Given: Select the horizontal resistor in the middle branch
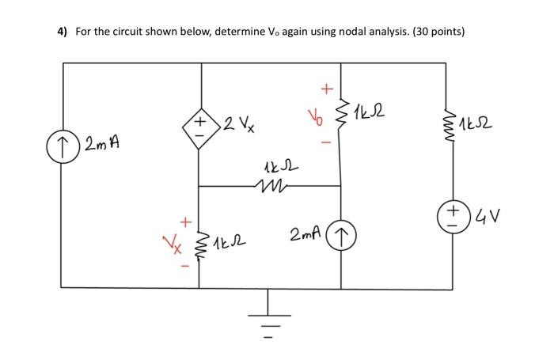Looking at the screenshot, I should click(x=270, y=187).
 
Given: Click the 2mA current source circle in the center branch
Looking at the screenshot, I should click(x=342, y=234).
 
